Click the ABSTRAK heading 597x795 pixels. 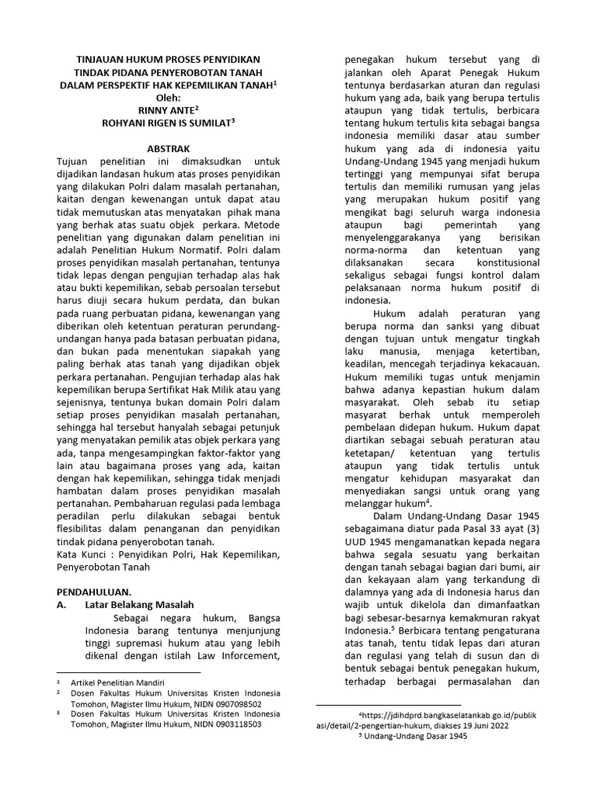(x=168, y=148)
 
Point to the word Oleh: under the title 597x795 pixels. (x=168, y=97)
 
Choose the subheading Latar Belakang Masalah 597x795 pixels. (x=139, y=604)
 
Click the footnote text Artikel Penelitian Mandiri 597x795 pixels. (x=116, y=682)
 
